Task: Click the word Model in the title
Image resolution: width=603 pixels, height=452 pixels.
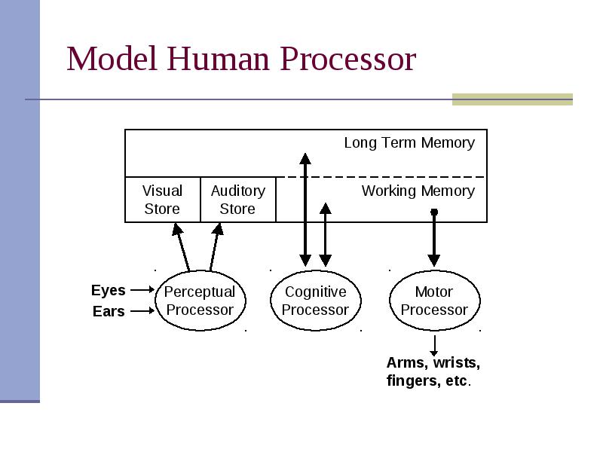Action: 112,59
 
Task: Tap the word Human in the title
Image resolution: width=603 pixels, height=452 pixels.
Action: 218,59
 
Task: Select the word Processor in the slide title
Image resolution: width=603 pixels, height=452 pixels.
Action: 348,59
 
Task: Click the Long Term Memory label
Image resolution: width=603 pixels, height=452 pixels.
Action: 409,142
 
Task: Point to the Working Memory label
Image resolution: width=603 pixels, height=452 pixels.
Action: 418,191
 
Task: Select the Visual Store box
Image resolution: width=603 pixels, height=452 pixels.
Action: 163,200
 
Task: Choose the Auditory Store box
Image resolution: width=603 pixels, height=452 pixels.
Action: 238,200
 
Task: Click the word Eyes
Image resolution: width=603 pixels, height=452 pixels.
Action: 109,290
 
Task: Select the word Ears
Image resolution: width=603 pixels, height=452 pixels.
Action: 109,311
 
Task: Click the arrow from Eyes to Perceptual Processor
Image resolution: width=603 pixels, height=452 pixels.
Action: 142,290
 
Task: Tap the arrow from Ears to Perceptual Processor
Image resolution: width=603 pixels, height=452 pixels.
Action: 142,310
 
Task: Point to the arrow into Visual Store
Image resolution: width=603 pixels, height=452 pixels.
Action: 181,248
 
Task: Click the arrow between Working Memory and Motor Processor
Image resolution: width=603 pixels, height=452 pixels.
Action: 434,237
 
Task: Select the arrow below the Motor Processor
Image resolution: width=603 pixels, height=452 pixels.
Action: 435,346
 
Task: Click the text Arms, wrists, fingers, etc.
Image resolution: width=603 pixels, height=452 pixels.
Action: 433,371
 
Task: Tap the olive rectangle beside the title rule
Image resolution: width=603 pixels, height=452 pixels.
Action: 513,99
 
